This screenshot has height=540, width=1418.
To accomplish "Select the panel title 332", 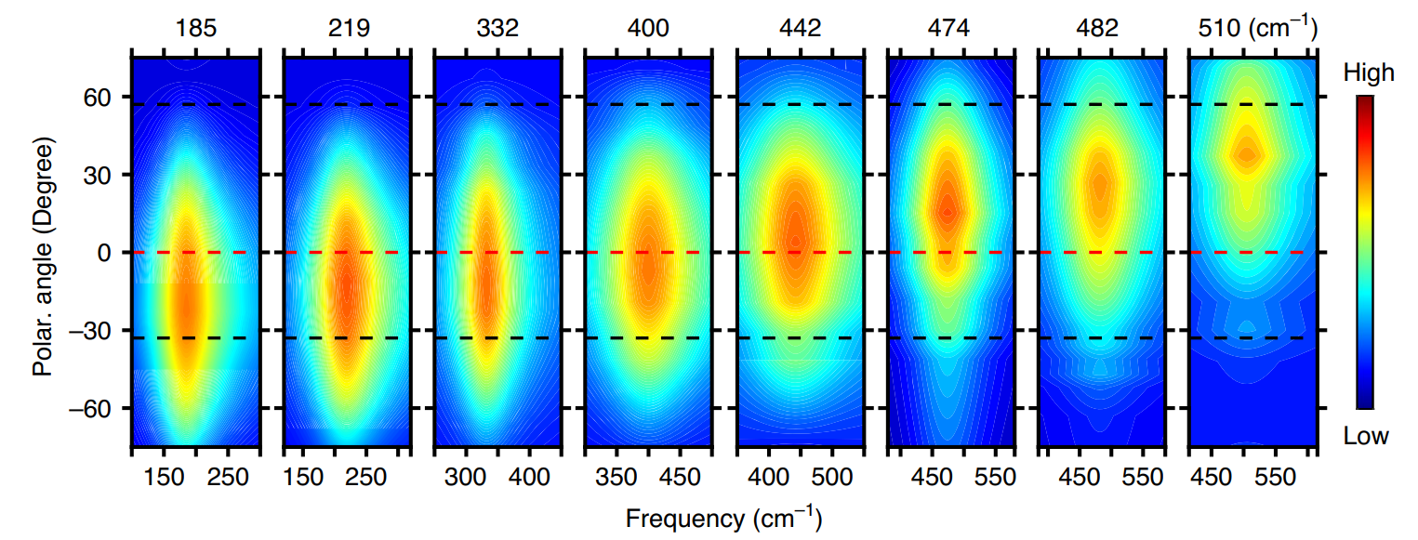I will click(497, 29).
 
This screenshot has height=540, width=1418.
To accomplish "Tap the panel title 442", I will click(800, 29).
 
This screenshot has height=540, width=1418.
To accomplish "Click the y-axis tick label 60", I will click(100, 97).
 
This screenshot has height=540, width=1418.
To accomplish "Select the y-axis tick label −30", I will click(94, 330).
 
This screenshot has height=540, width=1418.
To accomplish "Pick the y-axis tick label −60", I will click(94, 408).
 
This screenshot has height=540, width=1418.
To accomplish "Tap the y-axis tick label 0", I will click(107, 253).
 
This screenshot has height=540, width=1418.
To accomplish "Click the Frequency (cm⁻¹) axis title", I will click(723, 517).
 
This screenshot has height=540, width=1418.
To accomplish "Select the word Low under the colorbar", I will click(1366, 436).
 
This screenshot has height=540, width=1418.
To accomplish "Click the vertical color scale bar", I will click(1364, 251).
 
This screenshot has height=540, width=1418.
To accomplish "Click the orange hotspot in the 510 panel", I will click(1247, 154).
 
